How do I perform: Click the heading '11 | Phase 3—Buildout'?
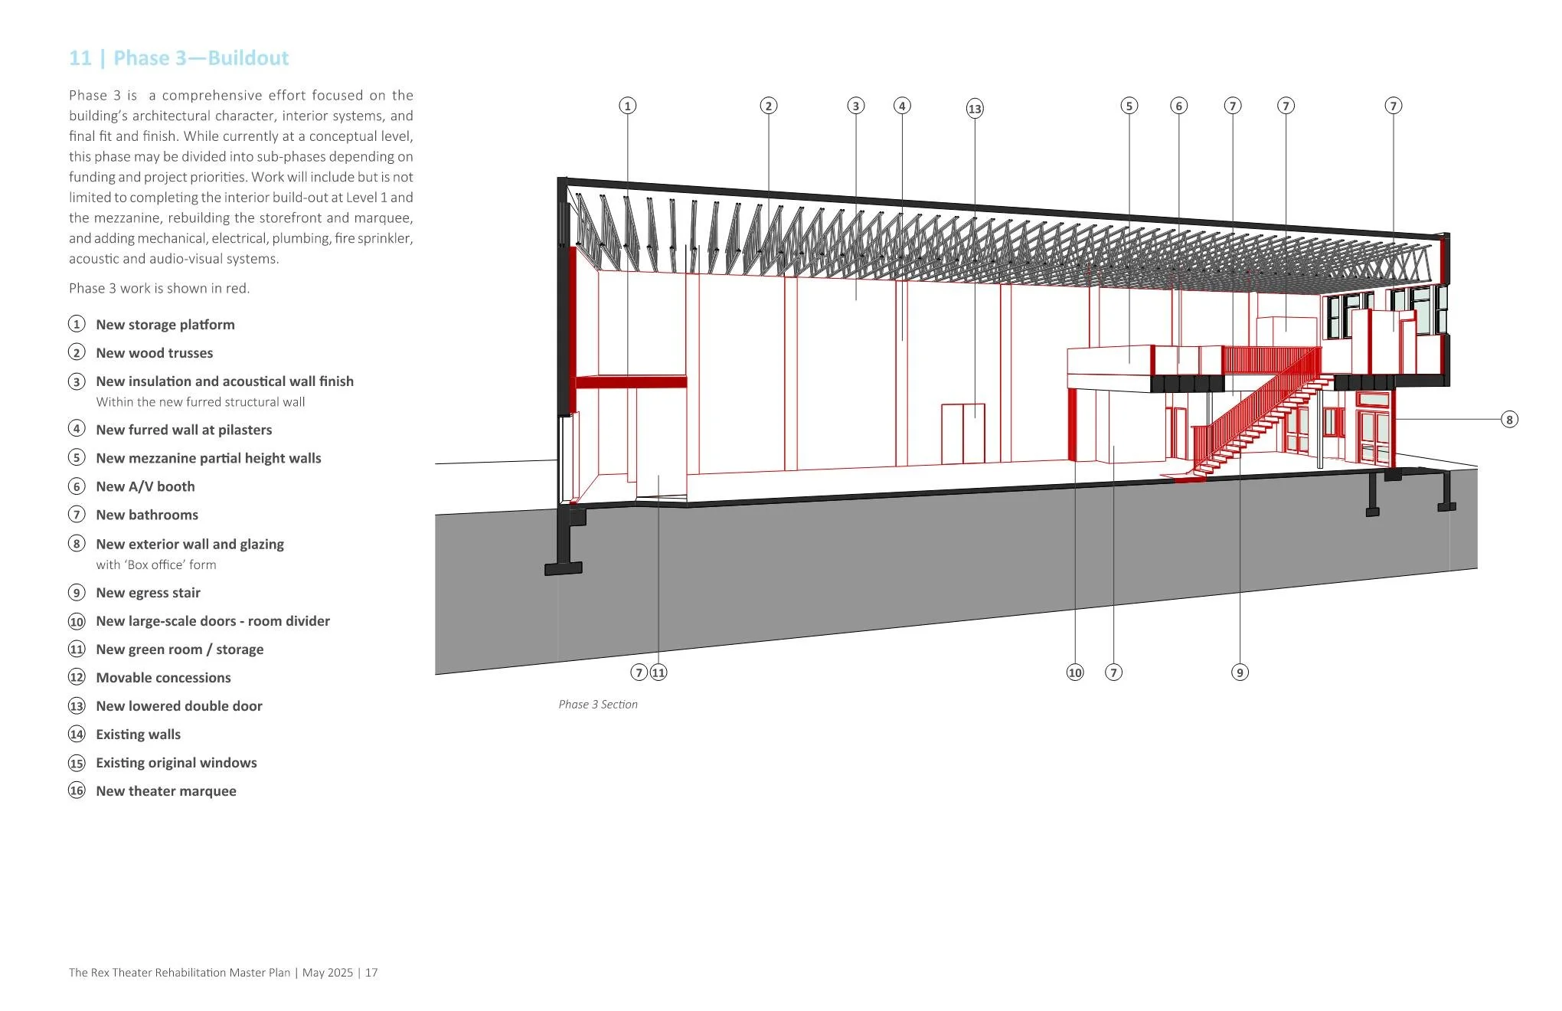tap(178, 58)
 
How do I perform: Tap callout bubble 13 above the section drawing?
tap(974, 109)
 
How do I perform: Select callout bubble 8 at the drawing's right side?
tap(1508, 419)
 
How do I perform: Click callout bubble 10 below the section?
tap(1075, 672)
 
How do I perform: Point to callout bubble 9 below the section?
tap(1240, 672)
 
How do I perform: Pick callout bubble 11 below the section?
tap(658, 672)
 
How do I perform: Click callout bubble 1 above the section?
tap(627, 106)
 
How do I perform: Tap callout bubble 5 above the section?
tap(1129, 106)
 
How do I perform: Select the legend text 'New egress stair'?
tap(148, 593)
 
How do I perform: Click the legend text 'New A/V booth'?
tap(145, 486)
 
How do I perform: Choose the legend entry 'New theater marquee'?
tap(165, 791)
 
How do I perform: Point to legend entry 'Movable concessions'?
tap(163, 678)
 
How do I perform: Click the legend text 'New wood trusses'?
tap(154, 353)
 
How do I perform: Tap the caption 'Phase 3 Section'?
tap(597, 705)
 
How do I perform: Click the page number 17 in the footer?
tap(371, 973)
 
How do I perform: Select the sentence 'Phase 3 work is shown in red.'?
tap(159, 289)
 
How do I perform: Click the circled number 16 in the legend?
tap(77, 791)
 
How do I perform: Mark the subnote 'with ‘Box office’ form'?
tap(155, 565)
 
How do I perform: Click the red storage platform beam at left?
tap(630, 381)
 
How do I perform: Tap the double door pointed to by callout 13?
tap(963, 434)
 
